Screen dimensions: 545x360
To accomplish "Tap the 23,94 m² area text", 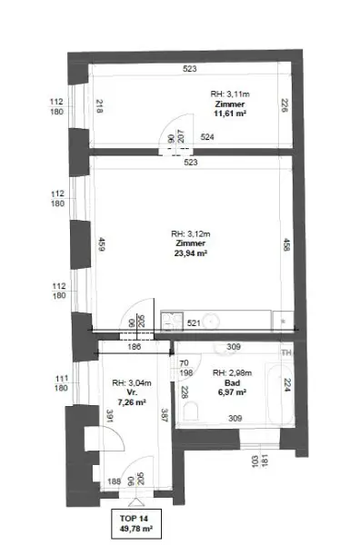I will point(191,255).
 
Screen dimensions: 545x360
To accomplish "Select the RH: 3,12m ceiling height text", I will point(191,234).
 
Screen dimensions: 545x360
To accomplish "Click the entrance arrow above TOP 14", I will point(135,502).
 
